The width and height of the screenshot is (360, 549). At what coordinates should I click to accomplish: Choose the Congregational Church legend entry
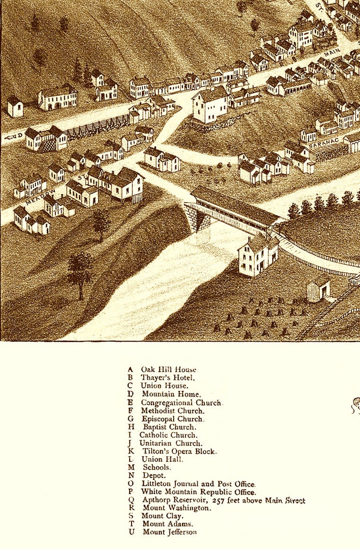(181, 402)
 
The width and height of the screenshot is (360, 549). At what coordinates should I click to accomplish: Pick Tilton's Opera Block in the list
(180, 451)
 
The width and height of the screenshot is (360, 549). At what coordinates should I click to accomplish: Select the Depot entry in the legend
(154, 475)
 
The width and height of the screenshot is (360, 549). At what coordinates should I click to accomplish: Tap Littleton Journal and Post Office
(198, 484)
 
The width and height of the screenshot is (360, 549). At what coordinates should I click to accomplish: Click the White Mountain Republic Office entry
(198, 492)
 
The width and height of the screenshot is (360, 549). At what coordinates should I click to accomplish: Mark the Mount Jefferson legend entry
(170, 532)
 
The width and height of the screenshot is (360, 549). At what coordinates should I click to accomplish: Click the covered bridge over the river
(236, 211)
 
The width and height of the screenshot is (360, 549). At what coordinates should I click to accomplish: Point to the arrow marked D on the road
(14, 136)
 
